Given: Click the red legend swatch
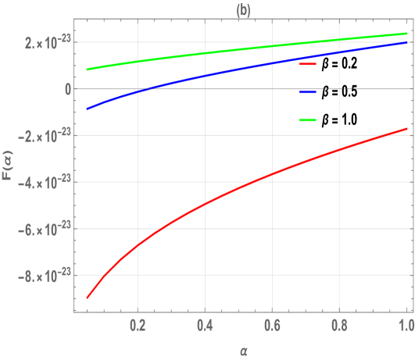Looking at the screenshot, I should click(x=308, y=64).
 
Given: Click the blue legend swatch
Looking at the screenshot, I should click(x=308, y=92).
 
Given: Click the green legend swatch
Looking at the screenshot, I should click(x=308, y=120).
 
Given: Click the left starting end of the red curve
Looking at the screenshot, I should click(x=87, y=298).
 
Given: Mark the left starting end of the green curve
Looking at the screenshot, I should click(x=87, y=70).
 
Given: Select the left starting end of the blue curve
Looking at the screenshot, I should click(x=87, y=109).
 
